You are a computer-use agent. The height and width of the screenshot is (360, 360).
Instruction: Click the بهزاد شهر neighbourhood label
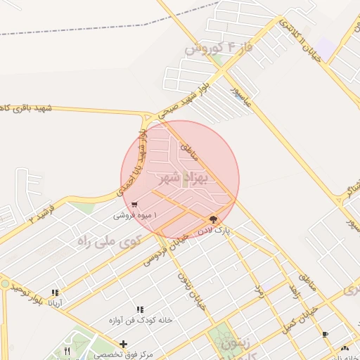pos(180,177)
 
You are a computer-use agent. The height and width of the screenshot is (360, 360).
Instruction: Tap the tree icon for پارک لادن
pos(213,219)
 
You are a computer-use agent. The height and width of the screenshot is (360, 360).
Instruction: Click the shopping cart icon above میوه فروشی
pos(134,205)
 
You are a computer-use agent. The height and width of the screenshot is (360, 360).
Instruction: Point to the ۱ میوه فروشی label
pos(136,215)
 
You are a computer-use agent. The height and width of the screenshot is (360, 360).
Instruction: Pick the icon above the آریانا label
pos(55,292)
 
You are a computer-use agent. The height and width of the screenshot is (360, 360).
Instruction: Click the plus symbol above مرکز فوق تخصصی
pos(124,344)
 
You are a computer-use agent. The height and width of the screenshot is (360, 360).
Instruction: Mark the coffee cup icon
pos(324,334)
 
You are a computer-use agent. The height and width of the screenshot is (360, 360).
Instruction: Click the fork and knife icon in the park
pos(67,350)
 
